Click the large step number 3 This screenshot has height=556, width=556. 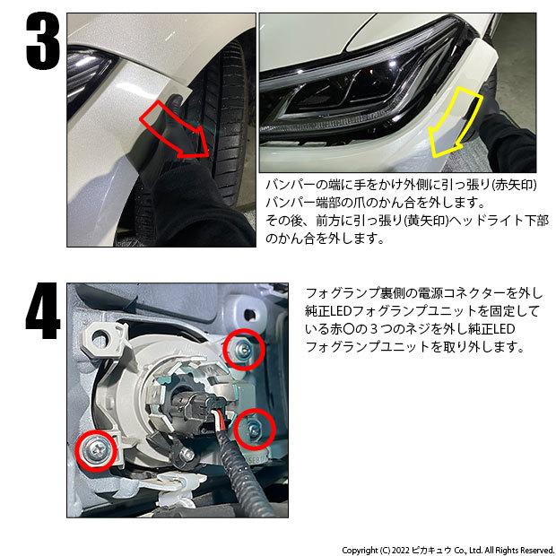pyautogui.click(x=43, y=41)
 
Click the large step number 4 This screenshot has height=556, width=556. pyautogui.click(x=42, y=310)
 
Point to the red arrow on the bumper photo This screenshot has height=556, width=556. pyautogui.click(x=175, y=130)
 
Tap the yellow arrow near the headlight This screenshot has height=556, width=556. pyautogui.click(x=456, y=122)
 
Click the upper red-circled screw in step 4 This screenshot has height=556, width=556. pyautogui.click(x=243, y=349)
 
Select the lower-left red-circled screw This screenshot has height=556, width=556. pyautogui.click(x=95, y=450)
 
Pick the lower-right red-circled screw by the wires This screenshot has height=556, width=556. pyautogui.click(x=255, y=429)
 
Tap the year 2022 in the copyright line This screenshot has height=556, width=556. pyautogui.click(x=401, y=550)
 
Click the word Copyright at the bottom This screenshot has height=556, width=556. pyautogui.click(x=360, y=551)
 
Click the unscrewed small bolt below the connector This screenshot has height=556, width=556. pyautogui.click(x=187, y=455)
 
